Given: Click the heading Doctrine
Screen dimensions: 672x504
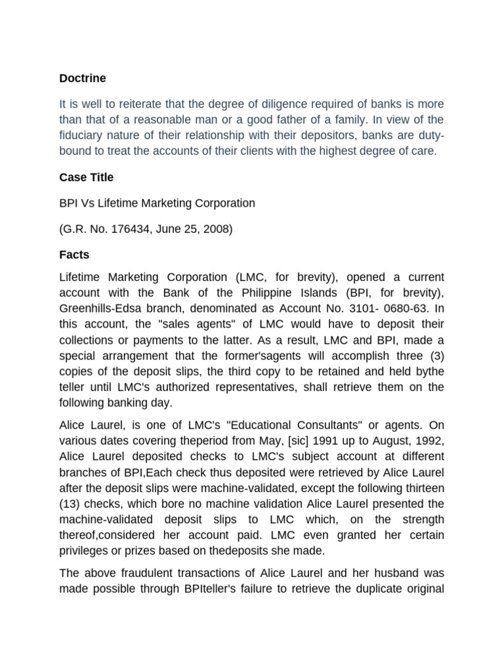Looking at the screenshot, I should [x=82, y=78].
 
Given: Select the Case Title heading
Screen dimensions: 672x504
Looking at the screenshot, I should [x=86, y=177].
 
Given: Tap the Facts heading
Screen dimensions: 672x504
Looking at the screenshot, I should [x=74, y=254].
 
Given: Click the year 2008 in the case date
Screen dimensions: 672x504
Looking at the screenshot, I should [x=217, y=229].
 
